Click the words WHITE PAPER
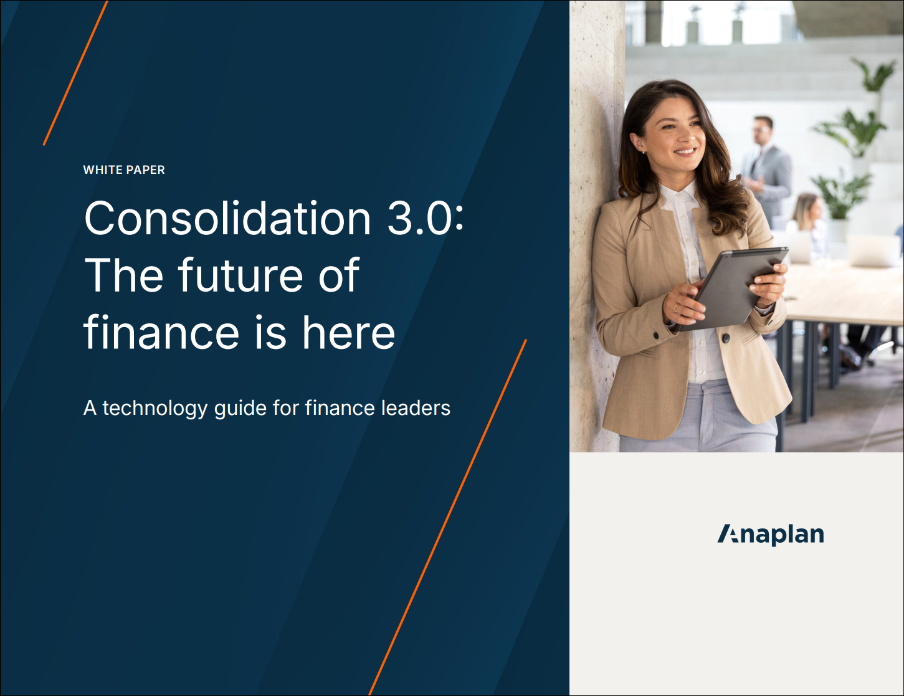point(124,169)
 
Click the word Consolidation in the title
point(227,219)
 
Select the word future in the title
point(240,275)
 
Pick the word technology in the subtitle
point(155,409)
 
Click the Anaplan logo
point(771,535)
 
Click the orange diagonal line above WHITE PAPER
point(75,73)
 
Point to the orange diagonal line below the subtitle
point(447,517)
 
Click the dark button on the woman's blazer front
point(726,338)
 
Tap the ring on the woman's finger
point(675,308)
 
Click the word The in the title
point(124,275)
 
